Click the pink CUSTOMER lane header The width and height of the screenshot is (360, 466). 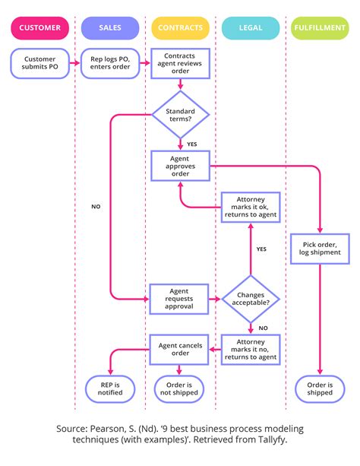click(x=39, y=28)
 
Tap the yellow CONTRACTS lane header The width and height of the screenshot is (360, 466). click(x=180, y=28)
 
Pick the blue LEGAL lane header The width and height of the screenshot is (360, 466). click(x=250, y=28)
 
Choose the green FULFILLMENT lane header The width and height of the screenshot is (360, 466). click(x=321, y=28)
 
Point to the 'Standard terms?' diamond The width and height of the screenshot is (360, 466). click(x=180, y=116)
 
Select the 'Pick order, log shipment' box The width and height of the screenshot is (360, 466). click(x=321, y=247)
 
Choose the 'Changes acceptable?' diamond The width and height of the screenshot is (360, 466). click(x=251, y=298)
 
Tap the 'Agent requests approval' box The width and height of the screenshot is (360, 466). click(x=180, y=298)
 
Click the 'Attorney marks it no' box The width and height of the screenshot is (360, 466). click(x=251, y=350)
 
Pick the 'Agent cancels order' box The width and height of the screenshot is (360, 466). click(x=180, y=350)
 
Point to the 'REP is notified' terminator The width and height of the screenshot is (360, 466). click(x=110, y=388)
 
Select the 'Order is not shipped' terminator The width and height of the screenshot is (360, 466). click(x=180, y=388)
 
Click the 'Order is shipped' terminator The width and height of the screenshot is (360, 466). click(x=321, y=388)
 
